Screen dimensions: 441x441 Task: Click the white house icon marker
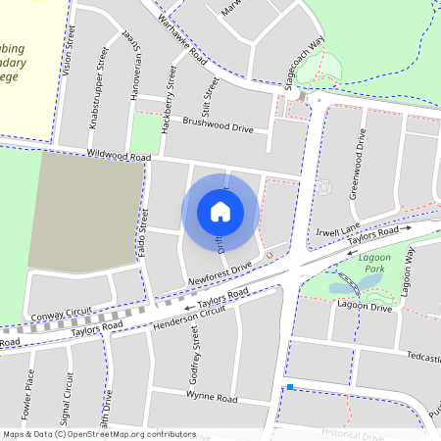point(220,212)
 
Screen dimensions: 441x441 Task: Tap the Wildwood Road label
point(119,157)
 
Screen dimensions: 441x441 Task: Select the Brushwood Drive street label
point(218,128)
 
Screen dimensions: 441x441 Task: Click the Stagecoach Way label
point(304,65)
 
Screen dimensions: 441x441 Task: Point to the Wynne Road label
point(212,399)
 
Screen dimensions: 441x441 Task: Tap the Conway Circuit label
point(61,317)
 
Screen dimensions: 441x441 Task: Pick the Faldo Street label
point(143,233)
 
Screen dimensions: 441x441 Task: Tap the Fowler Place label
point(28,396)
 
